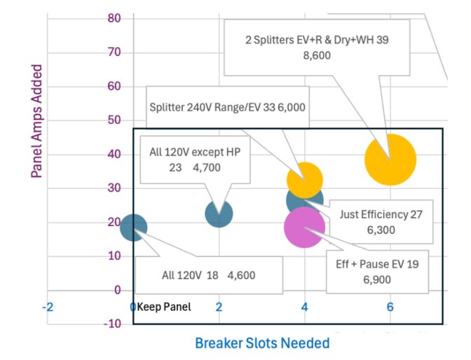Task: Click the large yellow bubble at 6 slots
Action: [x=390, y=160]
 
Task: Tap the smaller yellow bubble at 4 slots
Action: [x=305, y=179]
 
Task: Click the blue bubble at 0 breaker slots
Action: [x=133, y=227]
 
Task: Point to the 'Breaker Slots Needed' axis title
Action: [x=261, y=343]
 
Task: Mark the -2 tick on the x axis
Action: [x=48, y=307]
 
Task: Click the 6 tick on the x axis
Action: [x=390, y=307]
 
